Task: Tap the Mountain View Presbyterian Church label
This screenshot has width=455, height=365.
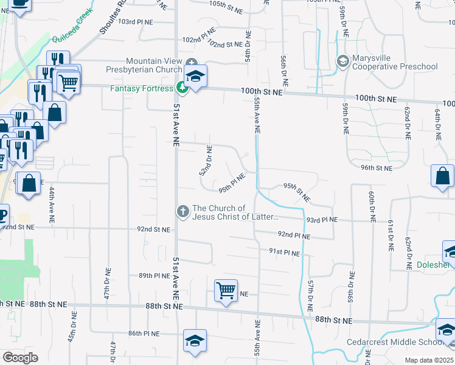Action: point(155,65)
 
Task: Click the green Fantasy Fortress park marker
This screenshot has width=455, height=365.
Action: point(181,88)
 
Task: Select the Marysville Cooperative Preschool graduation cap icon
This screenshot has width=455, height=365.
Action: point(342,62)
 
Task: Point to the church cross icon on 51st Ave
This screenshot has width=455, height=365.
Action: point(182,212)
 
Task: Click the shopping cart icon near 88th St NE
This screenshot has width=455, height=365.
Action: point(226,290)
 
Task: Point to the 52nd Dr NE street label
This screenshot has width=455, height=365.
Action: point(206,160)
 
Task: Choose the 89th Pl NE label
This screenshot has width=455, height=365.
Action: point(153,276)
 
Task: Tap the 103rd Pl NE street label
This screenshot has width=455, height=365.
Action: point(136,21)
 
